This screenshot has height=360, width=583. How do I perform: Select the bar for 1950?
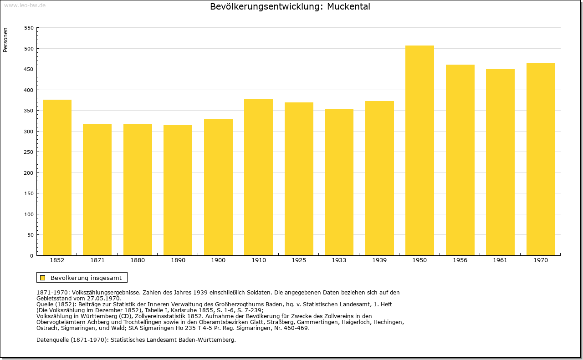(x=419, y=150)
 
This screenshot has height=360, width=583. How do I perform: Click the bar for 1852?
(x=57, y=177)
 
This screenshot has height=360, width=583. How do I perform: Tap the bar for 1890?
(x=178, y=190)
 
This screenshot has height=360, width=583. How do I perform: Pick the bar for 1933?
(x=339, y=182)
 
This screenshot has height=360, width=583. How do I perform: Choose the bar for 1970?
(x=541, y=159)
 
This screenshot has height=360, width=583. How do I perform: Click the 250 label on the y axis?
(x=29, y=152)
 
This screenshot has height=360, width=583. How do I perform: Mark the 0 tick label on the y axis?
(x=31, y=256)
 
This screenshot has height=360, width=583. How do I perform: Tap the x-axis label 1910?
(x=258, y=260)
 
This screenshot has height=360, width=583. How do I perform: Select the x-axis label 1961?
(x=500, y=260)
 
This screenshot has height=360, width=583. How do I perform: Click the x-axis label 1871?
(x=97, y=260)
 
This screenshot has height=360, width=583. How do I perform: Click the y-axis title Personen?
(x=5, y=40)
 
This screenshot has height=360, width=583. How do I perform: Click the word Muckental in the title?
(x=348, y=6)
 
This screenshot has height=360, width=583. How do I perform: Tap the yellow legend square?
(x=43, y=278)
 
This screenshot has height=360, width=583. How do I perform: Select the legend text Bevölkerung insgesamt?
(x=86, y=278)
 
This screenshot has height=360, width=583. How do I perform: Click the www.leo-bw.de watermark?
(x=25, y=5)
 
